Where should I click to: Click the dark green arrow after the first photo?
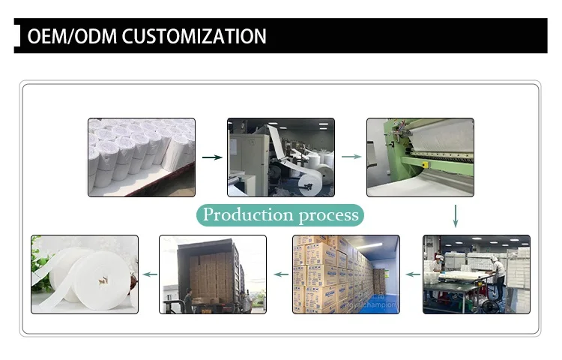click(212, 157)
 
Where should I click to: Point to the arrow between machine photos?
click(351, 157)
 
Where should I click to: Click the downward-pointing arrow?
click(456, 216)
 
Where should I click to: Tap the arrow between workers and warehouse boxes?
click(412, 274)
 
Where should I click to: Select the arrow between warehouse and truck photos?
click(280, 274)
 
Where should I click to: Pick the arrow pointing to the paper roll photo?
click(150, 274)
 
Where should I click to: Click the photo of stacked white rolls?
click(141, 156)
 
